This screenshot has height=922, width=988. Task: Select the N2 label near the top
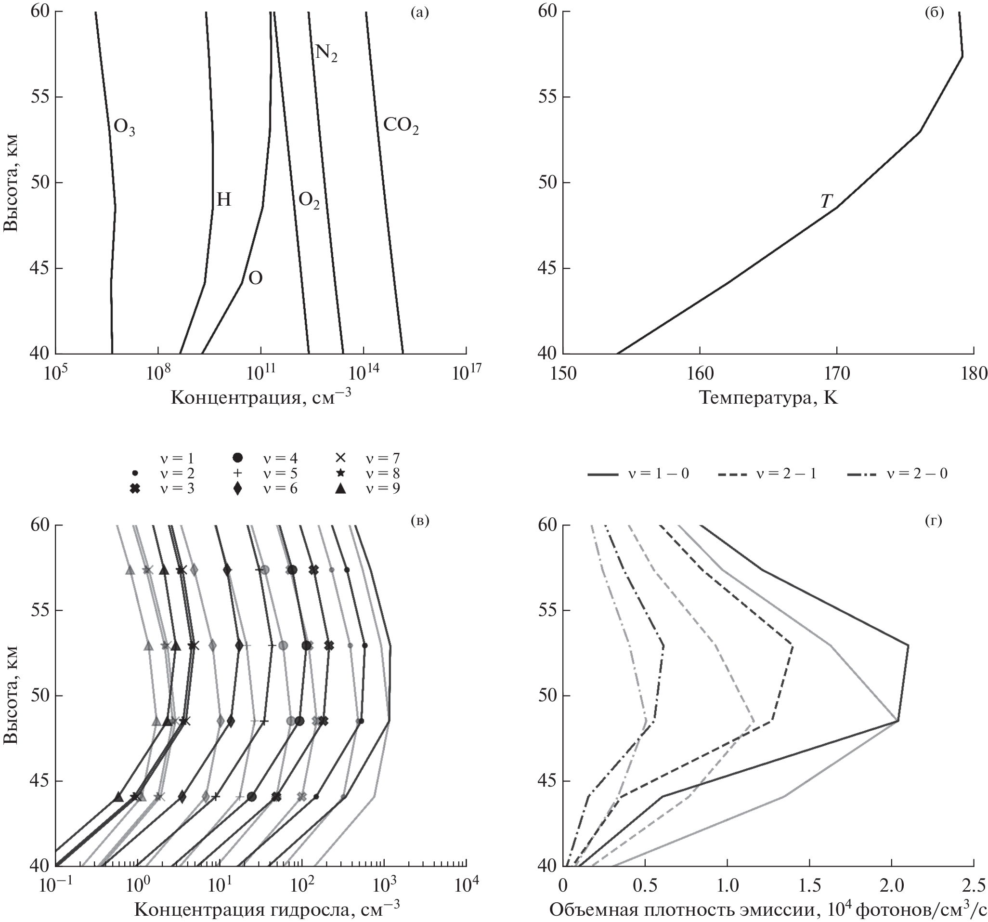326,53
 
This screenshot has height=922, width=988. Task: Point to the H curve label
224,200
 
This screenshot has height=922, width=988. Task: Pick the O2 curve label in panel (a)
309,200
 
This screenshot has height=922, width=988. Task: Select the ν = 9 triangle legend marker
340,489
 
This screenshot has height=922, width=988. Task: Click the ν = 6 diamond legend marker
238,489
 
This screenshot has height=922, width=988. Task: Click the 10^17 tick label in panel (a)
466,374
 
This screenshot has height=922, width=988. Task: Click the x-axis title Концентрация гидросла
267,910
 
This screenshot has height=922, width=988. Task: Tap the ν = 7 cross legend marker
340,458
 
